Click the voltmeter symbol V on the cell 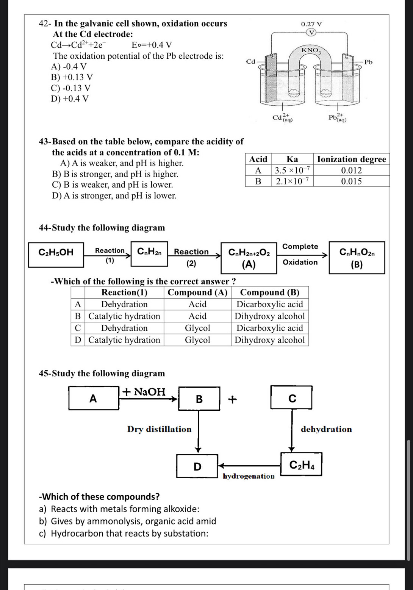pos(311,33)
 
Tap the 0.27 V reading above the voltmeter pos(311,24)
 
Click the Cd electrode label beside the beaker pos(250,61)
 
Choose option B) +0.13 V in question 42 pos(72,77)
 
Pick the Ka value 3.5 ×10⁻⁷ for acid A pos(292,170)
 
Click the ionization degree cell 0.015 pos(351,181)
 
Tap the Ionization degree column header pos(351,159)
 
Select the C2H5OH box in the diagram pos(56,252)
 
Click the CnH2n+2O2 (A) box pos(249,258)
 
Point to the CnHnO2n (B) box pos(357,258)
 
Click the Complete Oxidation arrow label pos(300,254)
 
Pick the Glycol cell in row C pos(197,328)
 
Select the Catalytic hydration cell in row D pos(124,340)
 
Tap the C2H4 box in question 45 pos(301,465)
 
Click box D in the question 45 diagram pos(197,466)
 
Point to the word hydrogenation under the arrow pos(249,476)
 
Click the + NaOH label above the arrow pos(144,392)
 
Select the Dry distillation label pos(159,429)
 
